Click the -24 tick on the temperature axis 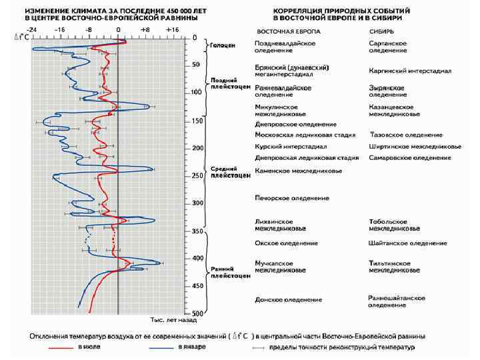(32, 30)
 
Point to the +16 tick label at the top (173, 30)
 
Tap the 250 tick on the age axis (196, 175)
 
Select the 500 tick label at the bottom (196, 313)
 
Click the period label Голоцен (220, 46)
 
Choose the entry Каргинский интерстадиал (410, 71)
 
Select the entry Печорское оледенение (292, 198)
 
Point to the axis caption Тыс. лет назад (171, 321)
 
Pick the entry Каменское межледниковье (298, 171)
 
